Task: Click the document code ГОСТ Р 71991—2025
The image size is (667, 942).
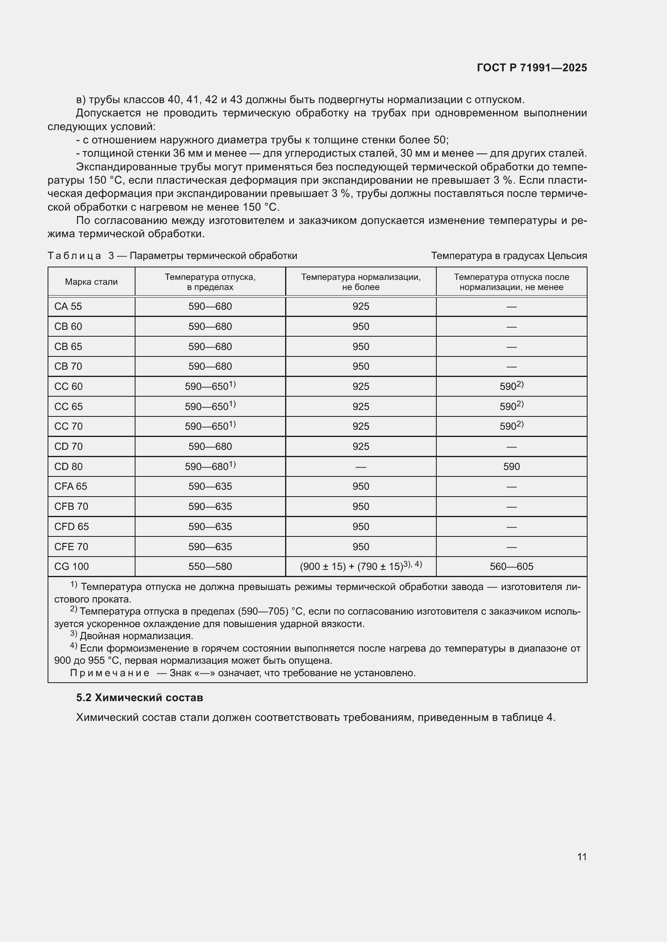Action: [x=532, y=68]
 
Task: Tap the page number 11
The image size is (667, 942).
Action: [x=582, y=857]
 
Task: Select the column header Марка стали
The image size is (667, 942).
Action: [x=91, y=282]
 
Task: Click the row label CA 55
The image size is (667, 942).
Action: [x=68, y=306]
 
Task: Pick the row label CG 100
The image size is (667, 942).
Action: [x=71, y=567]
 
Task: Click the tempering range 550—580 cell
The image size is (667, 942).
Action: [x=210, y=567]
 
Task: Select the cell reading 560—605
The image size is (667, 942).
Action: [x=511, y=567]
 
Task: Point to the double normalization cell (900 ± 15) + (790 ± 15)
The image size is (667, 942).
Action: [x=352, y=567]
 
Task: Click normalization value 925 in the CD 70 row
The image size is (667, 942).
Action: [x=361, y=446]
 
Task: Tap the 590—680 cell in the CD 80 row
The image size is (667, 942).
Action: [x=208, y=466]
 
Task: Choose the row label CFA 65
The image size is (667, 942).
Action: [x=71, y=487]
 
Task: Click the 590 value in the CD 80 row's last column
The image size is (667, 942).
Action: [x=511, y=466]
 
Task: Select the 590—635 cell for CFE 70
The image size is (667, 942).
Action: [x=210, y=547]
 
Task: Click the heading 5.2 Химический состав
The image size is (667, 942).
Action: [x=140, y=698]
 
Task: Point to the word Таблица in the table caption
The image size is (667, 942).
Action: [x=74, y=256]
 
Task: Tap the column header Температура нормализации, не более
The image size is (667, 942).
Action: [x=361, y=282]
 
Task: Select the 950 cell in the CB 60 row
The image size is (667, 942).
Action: [x=361, y=327]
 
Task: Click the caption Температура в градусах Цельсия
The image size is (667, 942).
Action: [x=509, y=256]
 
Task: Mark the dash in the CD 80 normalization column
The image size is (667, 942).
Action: [x=361, y=467]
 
